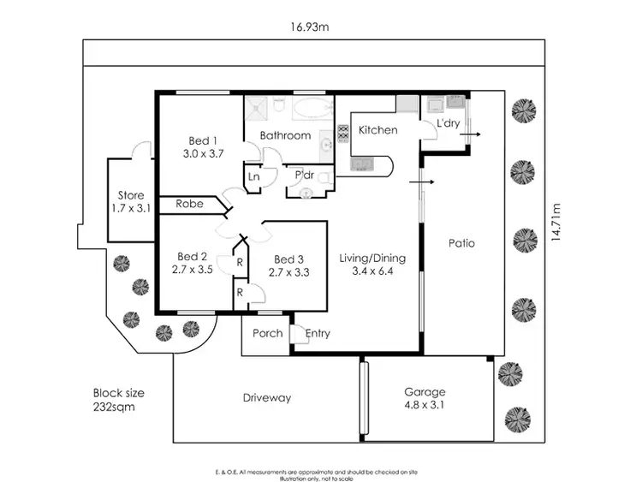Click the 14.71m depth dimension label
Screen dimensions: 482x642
(557, 223)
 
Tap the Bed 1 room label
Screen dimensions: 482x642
(203, 147)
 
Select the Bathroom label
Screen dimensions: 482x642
(285, 135)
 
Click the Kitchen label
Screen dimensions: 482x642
(377, 130)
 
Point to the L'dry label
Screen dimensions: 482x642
(449, 125)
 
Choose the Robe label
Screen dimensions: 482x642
(189, 204)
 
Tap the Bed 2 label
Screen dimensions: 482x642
(193, 262)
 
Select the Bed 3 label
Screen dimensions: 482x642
(288, 266)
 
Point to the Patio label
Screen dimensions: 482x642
(461, 243)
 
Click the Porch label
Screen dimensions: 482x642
(268, 333)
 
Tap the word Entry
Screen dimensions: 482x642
(318, 334)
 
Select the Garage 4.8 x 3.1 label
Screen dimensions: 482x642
(425, 399)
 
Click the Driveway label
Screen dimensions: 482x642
(266, 397)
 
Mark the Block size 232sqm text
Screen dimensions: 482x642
(118, 400)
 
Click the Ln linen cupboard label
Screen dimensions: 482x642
(254, 176)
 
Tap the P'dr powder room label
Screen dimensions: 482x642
(304, 176)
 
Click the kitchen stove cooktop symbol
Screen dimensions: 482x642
(344, 134)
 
